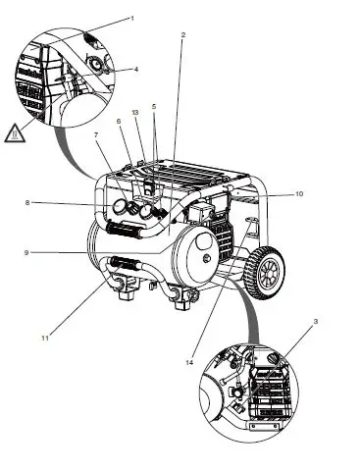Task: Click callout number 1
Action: (x=131, y=18)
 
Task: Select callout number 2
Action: (x=183, y=35)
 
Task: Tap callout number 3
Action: (x=316, y=322)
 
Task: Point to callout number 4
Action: (x=135, y=69)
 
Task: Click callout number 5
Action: (x=153, y=106)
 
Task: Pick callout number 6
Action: (x=118, y=122)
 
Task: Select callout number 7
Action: (x=96, y=133)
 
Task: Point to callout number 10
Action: (x=299, y=194)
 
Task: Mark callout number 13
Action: (x=135, y=114)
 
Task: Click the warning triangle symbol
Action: (x=14, y=131)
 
